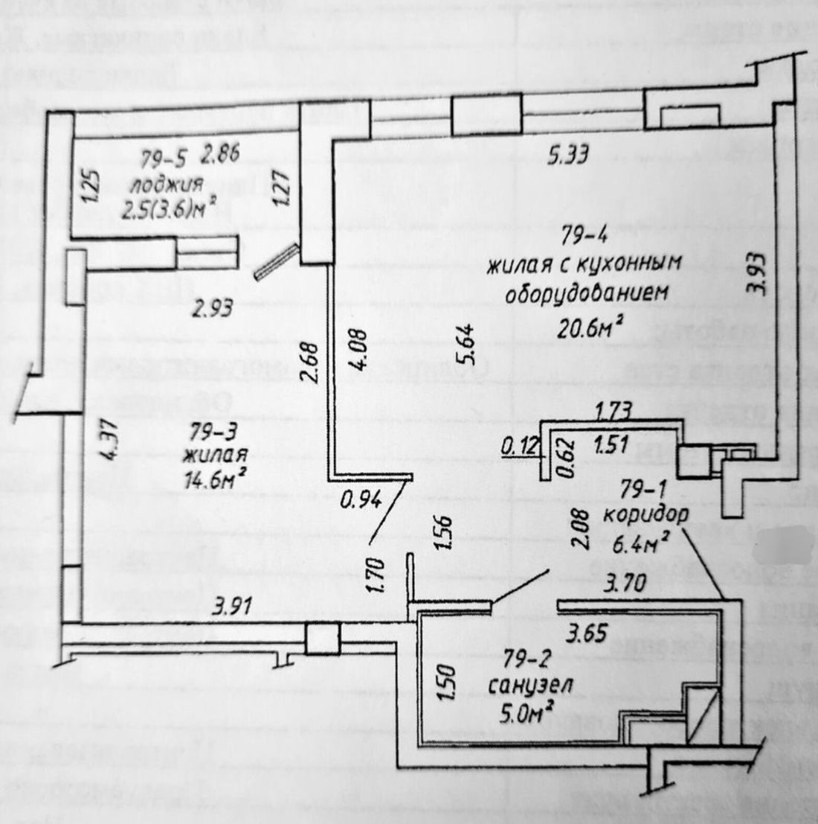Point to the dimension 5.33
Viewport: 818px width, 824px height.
569,156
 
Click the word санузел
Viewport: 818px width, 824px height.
531,686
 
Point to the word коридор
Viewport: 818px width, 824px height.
645,515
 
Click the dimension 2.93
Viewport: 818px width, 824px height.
213,307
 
